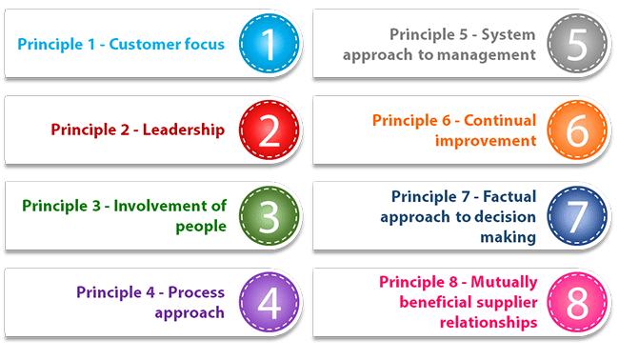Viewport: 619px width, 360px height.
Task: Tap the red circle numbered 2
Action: [270, 130]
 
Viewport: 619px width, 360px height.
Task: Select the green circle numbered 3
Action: [270, 215]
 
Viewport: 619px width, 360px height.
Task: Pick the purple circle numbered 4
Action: [270, 302]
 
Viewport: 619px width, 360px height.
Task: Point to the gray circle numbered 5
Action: [576, 43]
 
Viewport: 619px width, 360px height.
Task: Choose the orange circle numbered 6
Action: [576, 130]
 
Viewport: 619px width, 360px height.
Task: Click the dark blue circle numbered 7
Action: [576, 215]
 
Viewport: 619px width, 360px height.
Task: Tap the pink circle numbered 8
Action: [576, 302]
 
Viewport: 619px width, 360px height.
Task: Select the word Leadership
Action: [184, 130]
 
